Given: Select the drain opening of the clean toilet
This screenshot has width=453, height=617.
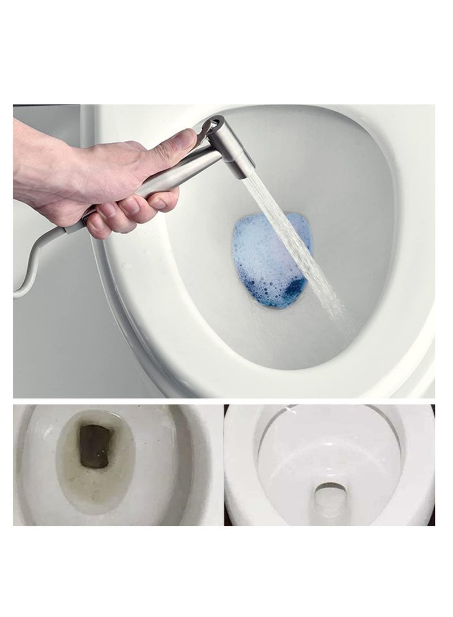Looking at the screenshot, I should (x=329, y=497).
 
